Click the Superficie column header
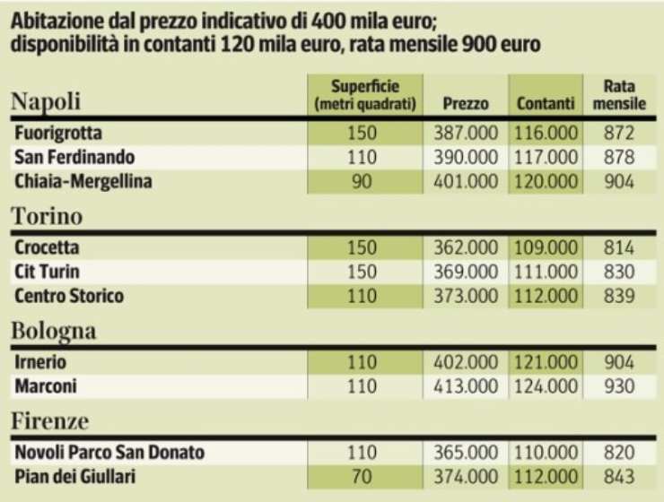pyautogui.click(x=365, y=95)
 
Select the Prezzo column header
pyautogui.click(x=466, y=104)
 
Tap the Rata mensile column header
pyautogui.click(x=619, y=95)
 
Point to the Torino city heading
pyautogui.click(x=47, y=216)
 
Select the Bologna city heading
pyautogui.click(x=53, y=331)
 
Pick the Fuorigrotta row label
pyautogui.click(x=57, y=133)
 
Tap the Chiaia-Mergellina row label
pyautogui.click(x=83, y=182)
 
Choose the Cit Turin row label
pyautogui.click(x=48, y=272)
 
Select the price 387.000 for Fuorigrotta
pyautogui.click(x=465, y=134)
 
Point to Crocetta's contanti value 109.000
pyautogui.click(x=546, y=247)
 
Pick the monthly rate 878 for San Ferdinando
pyautogui.click(x=619, y=158)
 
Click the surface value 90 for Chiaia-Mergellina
pyautogui.click(x=364, y=182)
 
